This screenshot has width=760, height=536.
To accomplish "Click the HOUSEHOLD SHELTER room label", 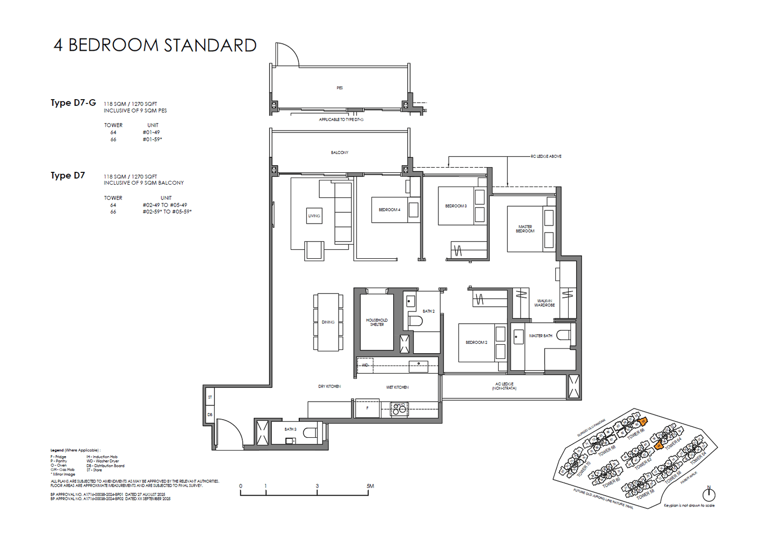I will coord(377,322).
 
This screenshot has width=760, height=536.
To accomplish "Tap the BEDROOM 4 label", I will coord(389,210).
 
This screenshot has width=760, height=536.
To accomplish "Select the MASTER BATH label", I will coord(541,336).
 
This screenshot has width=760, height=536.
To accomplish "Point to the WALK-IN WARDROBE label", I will coord(544,303).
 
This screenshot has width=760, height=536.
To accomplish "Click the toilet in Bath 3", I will coord(310,433).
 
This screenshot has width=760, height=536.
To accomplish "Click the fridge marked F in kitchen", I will coord(368,408).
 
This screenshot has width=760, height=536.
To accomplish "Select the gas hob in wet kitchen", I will coord(399,409).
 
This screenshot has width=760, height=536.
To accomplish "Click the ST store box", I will coord(210,397).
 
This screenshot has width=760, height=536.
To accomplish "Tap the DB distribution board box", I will coord(210,414).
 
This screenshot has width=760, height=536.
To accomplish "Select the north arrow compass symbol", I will coord(709,494).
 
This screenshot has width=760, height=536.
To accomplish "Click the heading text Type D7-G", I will coord(73,103).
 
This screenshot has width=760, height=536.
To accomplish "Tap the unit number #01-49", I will coord(151,132).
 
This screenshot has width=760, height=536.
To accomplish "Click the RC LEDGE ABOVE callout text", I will coord(546,156).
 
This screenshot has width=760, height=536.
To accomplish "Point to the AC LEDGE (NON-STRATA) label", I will coord(504,386).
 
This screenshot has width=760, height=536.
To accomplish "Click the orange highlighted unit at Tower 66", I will coord(643,421).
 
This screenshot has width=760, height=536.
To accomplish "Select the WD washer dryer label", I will coord(365,365).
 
